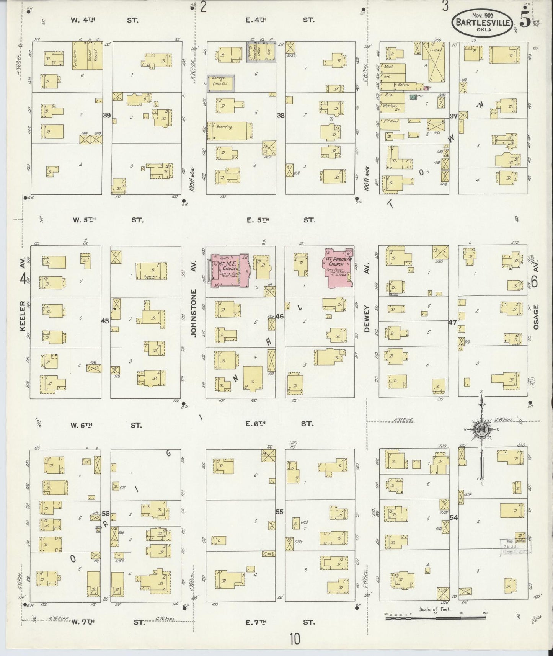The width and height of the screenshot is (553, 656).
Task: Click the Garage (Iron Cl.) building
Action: pyautogui.click(x=221, y=83)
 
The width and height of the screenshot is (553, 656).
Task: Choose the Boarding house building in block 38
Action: pyautogui.click(x=229, y=131)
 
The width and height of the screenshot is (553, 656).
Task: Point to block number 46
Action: pyautogui.click(x=279, y=316)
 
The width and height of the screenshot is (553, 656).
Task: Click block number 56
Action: pyautogui.click(x=106, y=513)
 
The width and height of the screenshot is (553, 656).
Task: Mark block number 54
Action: pyautogui.click(x=454, y=517)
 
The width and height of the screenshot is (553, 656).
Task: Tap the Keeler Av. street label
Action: pyautogui.click(x=23, y=317)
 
